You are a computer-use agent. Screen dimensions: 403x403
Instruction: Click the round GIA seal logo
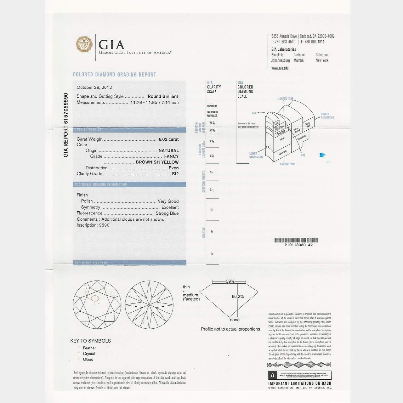tap(84, 44)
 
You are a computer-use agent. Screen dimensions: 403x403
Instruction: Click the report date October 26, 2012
tap(94, 88)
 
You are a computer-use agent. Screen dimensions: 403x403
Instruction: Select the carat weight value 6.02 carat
tap(168, 139)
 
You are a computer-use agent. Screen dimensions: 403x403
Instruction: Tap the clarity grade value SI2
tap(175, 173)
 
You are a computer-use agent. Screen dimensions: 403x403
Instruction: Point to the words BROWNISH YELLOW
tap(157, 162)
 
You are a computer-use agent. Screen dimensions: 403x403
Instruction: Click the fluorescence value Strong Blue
tap(167, 213)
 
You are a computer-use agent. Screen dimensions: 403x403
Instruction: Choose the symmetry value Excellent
tap(170, 207)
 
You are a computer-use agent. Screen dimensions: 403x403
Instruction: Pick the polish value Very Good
tap(168, 201)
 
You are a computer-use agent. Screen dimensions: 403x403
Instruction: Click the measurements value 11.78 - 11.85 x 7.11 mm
tap(155, 102)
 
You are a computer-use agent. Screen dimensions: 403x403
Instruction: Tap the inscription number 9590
tap(104, 225)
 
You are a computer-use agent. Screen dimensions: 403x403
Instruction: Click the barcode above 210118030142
tap(296, 240)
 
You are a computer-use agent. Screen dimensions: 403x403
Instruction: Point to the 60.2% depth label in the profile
tap(238, 297)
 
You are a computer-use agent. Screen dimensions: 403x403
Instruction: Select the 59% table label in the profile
tap(230, 281)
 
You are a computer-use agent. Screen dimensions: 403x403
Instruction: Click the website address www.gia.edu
tap(280, 68)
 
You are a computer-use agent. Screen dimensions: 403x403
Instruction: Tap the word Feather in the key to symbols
tap(89, 348)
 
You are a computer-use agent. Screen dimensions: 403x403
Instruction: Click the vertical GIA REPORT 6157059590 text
tap(66, 125)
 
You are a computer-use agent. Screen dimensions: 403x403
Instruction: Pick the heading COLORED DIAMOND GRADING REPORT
tap(115, 75)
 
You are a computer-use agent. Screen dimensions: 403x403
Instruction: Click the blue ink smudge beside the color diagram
tap(322, 155)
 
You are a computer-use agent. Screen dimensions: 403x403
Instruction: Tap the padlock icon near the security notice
tap(272, 375)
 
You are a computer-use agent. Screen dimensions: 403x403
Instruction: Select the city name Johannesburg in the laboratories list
tap(281, 60)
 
